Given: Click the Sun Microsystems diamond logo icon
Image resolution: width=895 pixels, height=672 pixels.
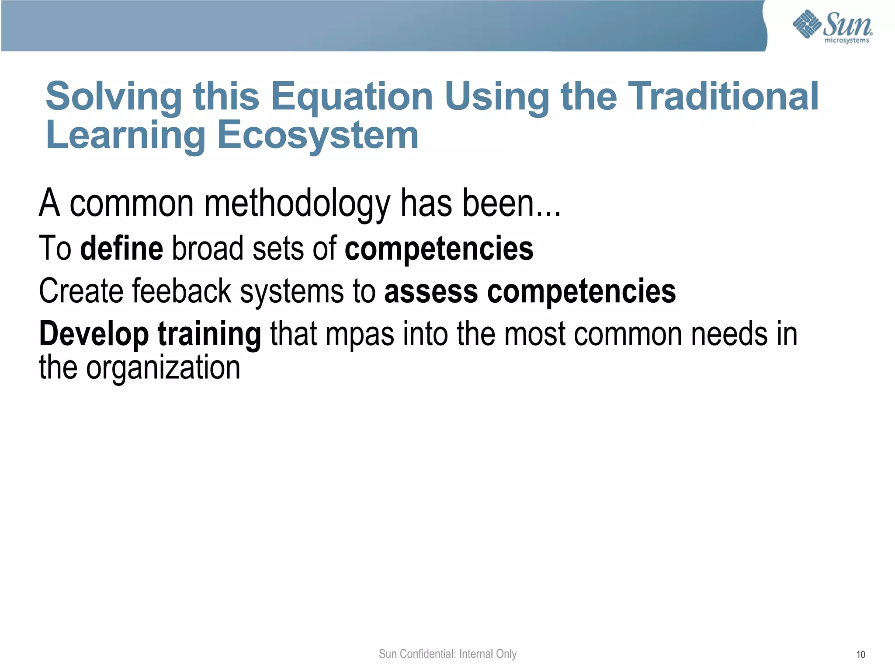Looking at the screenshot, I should pyautogui.click(x=807, y=24).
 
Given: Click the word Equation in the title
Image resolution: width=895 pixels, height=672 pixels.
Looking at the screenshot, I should pyautogui.click(x=352, y=97).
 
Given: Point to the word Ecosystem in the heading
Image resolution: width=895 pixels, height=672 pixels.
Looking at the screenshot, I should pyautogui.click(x=318, y=135).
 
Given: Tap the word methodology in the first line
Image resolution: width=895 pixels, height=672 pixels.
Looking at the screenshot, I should pyautogui.click(x=297, y=203).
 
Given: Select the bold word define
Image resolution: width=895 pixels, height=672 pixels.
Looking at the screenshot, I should pyautogui.click(x=122, y=248).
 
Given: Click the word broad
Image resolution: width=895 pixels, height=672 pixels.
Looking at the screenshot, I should pyautogui.click(x=208, y=248).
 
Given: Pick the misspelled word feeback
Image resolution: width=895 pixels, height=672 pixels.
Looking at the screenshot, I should pyautogui.click(x=181, y=291).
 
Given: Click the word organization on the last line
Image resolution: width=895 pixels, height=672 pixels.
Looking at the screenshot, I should pyautogui.click(x=163, y=368).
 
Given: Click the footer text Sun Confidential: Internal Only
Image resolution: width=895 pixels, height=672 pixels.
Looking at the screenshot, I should pyautogui.click(x=447, y=654).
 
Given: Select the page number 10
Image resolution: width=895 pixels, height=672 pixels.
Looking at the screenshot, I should pyautogui.click(x=860, y=654).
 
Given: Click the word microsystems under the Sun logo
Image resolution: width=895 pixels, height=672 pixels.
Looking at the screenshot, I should pyautogui.click(x=846, y=41).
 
